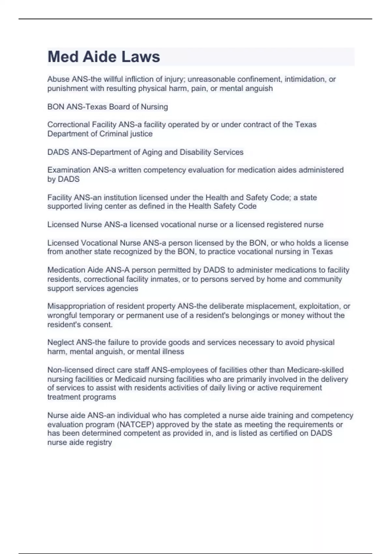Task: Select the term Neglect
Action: pos(61,343)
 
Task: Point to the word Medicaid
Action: pos(130,379)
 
